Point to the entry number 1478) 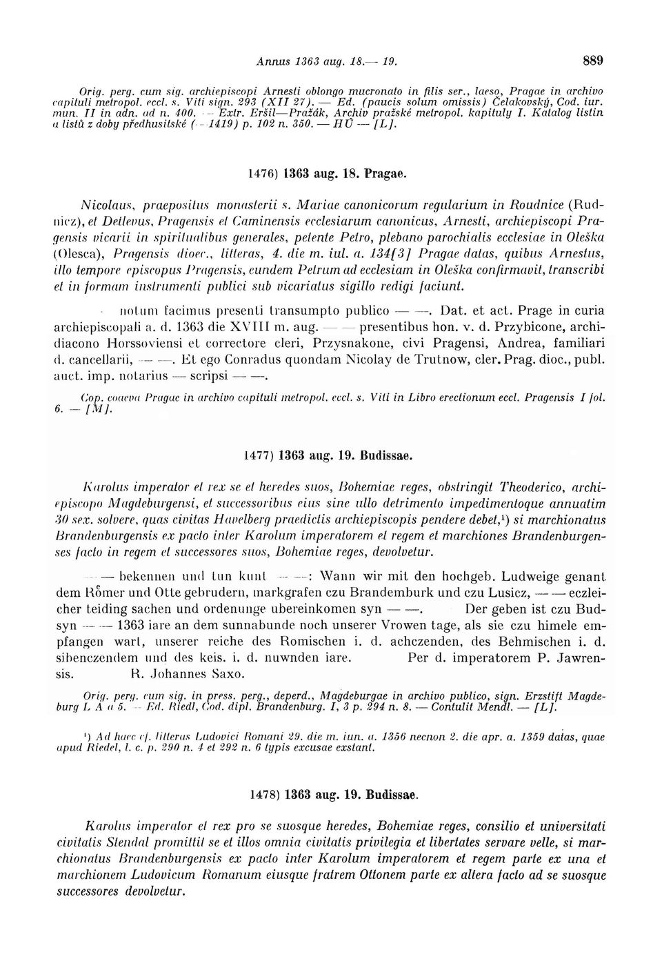coord(266,794)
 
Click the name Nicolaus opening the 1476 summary coord(103,204)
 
